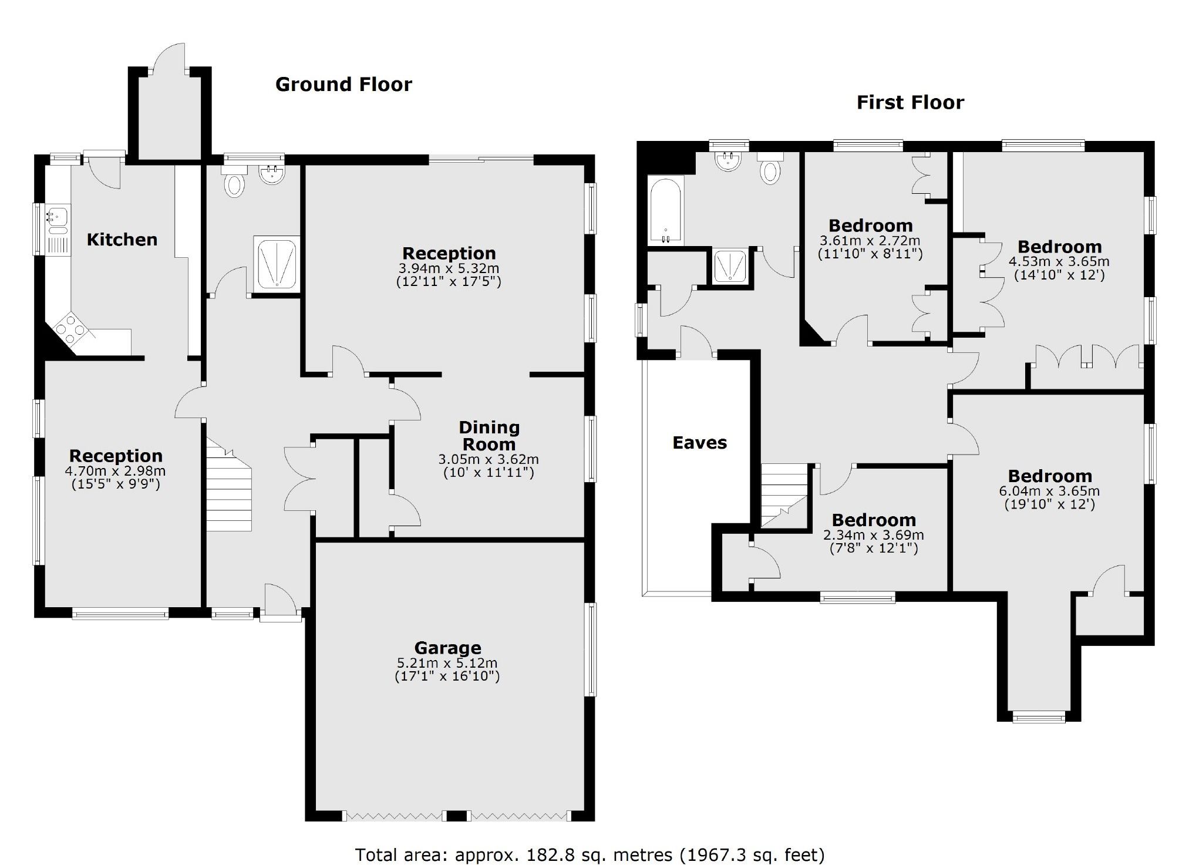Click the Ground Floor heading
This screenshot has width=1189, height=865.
tap(343, 85)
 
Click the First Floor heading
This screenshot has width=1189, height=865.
tap(910, 103)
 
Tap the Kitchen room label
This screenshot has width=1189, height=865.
tap(122, 240)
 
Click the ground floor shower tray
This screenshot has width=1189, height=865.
tap(276, 264)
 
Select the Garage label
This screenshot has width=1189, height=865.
tap(447, 648)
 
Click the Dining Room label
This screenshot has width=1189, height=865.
tap(489, 436)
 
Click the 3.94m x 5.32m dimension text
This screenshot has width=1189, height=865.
tap(449, 268)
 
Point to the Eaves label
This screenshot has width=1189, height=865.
tap(699, 443)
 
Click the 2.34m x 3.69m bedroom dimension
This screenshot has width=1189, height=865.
tap(873, 535)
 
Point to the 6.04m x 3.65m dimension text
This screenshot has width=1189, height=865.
tap(1049, 491)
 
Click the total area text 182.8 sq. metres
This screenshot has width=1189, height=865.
tap(590, 854)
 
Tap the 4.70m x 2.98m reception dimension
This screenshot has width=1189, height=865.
tap(115, 471)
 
